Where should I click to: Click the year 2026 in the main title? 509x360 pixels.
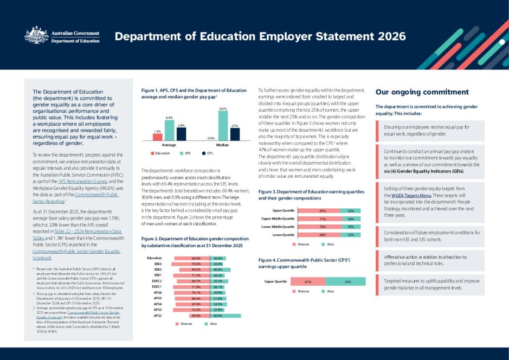point(386,37)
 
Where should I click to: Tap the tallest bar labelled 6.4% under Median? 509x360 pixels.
point(223,126)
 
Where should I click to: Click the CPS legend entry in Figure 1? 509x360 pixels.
point(207,153)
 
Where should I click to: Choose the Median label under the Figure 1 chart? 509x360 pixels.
point(222,145)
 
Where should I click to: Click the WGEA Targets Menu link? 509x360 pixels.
point(403,195)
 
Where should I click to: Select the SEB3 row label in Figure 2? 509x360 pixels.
point(158,264)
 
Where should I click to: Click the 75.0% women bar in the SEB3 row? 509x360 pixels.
point(196,264)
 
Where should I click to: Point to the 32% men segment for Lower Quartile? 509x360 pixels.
point(351,235)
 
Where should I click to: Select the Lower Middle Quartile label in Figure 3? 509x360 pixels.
point(278,227)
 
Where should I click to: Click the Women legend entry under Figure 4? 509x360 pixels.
point(301,291)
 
